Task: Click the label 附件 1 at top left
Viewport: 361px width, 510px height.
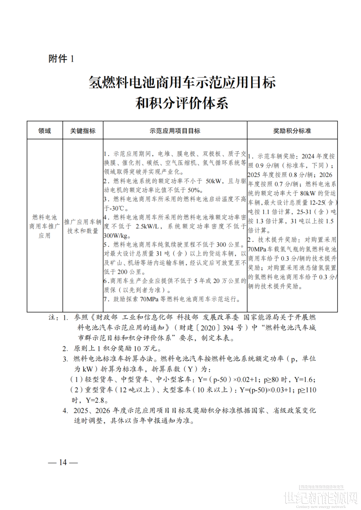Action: click(61, 59)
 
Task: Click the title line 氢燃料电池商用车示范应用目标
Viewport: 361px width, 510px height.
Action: click(182, 82)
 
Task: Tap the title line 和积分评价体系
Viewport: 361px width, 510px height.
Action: click(182, 103)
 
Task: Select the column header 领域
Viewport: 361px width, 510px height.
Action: click(44, 131)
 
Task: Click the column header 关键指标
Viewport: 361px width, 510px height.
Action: click(83, 131)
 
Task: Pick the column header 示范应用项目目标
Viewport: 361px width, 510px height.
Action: click(175, 131)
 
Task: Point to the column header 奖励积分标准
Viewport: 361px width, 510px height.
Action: click(292, 131)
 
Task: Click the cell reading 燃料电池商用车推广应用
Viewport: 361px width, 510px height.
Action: click(44, 226)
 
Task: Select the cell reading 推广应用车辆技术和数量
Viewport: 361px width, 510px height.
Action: click(83, 226)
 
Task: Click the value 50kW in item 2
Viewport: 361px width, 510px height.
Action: click(214, 181)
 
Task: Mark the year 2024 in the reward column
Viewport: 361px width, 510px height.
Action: click(308, 156)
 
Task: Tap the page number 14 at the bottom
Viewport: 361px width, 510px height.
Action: click(63, 462)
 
